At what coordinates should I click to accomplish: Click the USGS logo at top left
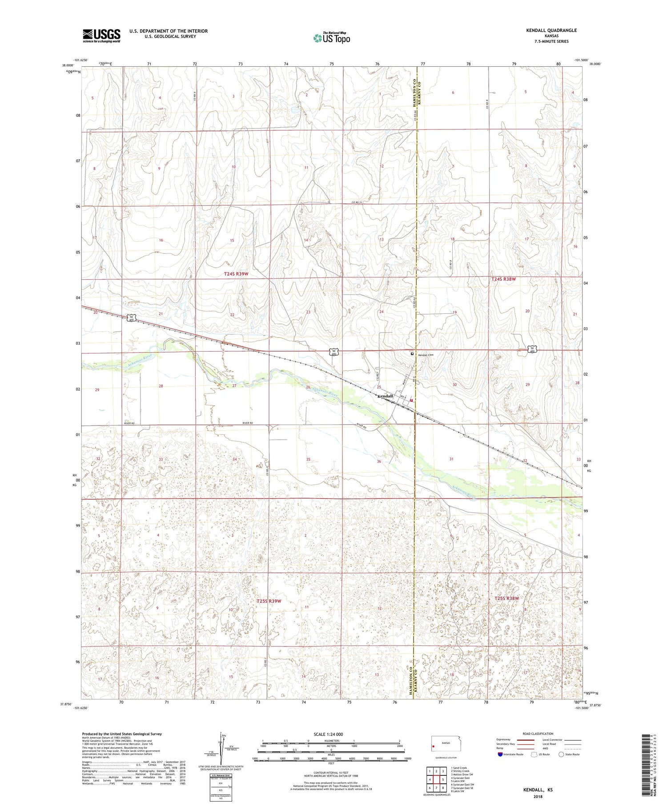[101, 36]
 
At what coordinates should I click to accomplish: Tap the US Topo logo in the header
[331, 38]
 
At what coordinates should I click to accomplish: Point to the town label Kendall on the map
[385, 396]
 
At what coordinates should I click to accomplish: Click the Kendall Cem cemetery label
[425, 355]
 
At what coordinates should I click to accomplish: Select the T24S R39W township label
[236, 274]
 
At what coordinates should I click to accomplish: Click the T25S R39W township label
[269, 601]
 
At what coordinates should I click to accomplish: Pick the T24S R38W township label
[504, 279]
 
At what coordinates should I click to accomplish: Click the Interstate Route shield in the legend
[500, 754]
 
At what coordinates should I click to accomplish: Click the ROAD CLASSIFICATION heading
[538, 734]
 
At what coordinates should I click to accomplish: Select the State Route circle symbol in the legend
[562, 754]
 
